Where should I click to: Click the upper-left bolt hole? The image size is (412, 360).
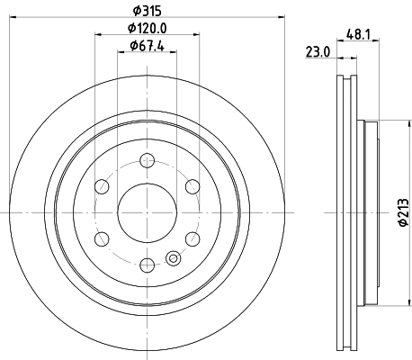tap(102, 186)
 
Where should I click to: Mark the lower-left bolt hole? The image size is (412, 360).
tap(102, 238)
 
